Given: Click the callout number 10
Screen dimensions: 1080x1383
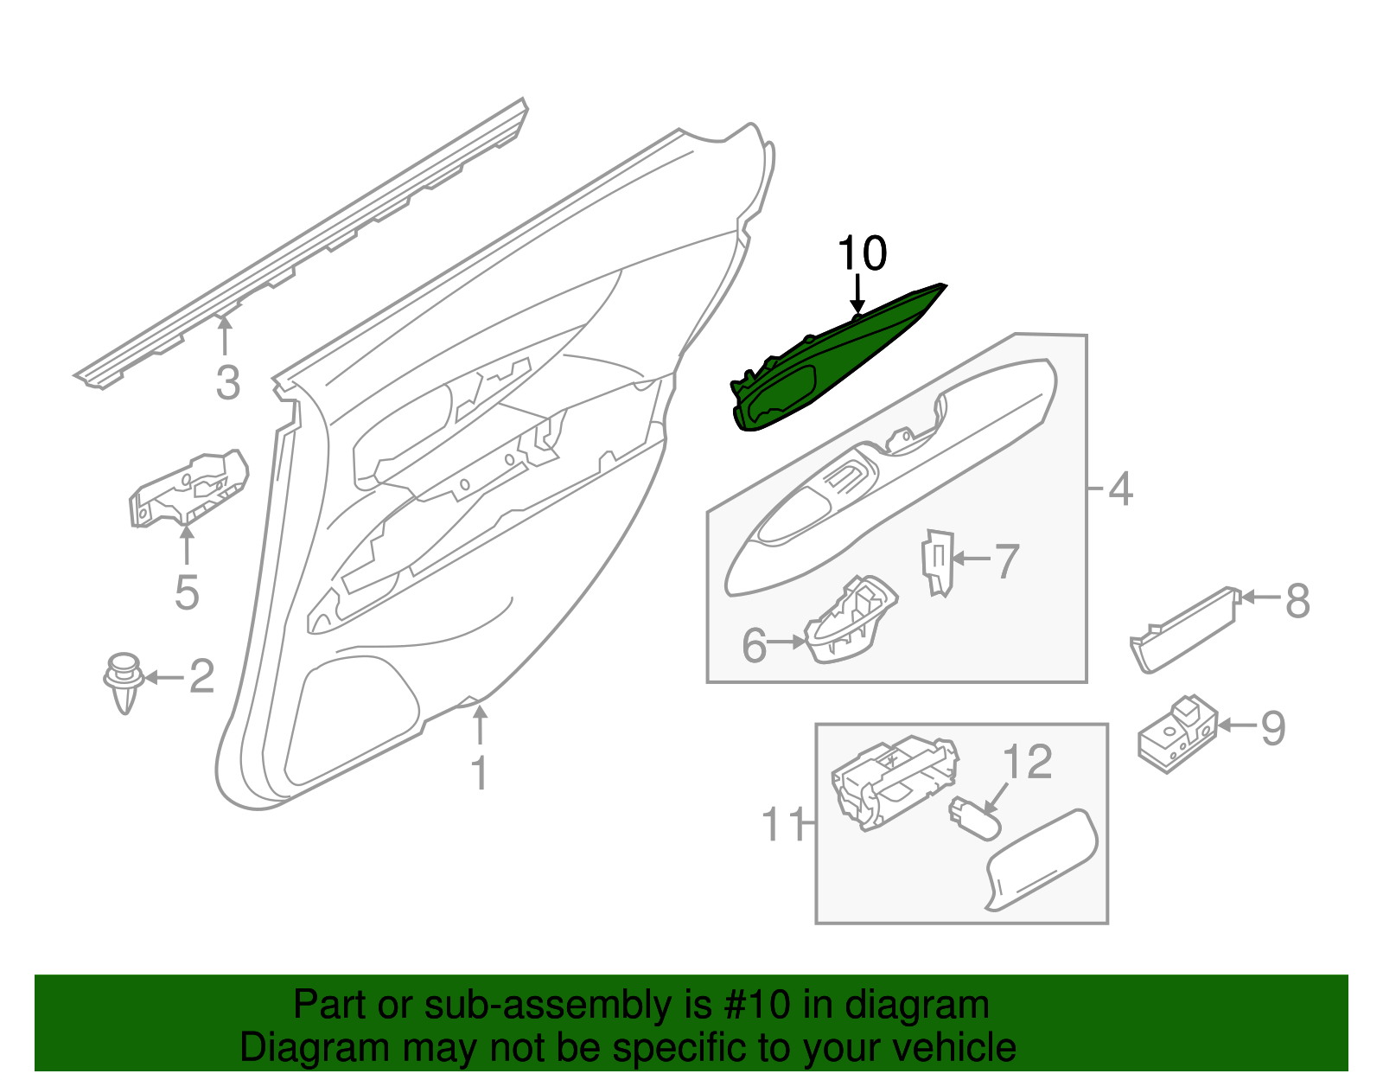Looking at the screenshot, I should [x=862, y=253].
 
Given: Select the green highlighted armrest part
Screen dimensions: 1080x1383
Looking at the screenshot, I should [x=830, y=363].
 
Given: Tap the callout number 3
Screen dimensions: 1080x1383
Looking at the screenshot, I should [x=227, y=383].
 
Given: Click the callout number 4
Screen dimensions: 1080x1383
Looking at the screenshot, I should [x=1120, y=489].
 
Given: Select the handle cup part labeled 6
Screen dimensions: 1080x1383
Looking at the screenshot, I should [x=850, y=620].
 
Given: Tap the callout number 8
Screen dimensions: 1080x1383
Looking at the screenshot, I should [x=1297, y=600].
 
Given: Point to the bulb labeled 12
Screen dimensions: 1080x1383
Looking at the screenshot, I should [x=974, y=818].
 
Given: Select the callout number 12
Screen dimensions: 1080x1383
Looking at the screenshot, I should [x=1027, y=762].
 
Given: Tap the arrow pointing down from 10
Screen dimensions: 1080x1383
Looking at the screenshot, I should [x=857, y=294].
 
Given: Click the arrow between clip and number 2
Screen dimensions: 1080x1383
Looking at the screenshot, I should [x=163, y=677].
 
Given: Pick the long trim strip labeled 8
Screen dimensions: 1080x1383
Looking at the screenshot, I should [x=1183, y=629].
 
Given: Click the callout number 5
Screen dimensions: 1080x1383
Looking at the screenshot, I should [x=187, y=592].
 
